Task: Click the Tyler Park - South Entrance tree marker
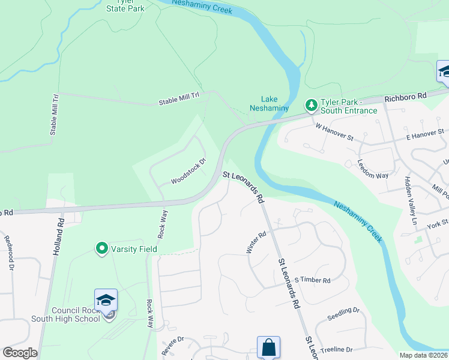pos(312,106)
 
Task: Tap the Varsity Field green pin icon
pos(102,248)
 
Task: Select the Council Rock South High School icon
pos(106,301)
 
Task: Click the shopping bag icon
pos(268,347)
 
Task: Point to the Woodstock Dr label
pos(188,172)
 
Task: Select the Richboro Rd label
pos(405,96)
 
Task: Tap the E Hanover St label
pos(424,133)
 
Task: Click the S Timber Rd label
pos(313,280)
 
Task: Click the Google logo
pos(20,353)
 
